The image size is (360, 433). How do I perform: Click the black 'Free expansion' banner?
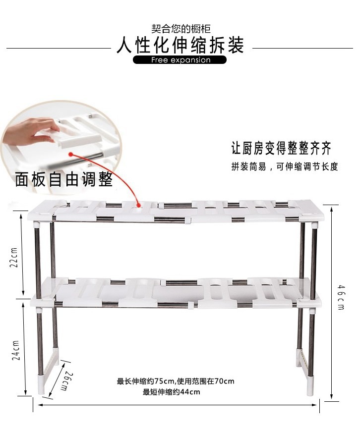pos(180,60)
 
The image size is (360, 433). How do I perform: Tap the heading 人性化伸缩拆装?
pos(180,46)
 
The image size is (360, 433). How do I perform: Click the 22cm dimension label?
pos(14,257)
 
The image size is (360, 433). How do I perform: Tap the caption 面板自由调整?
pos(64,179)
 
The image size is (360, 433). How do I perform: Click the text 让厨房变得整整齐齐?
pos(281,148)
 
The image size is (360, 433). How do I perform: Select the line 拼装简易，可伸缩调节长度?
pos(284,166)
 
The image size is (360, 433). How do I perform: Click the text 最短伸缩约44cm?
pos(172,392)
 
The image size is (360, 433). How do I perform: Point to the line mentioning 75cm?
pos(176,381)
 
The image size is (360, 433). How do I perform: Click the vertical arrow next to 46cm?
pos(331,300)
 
